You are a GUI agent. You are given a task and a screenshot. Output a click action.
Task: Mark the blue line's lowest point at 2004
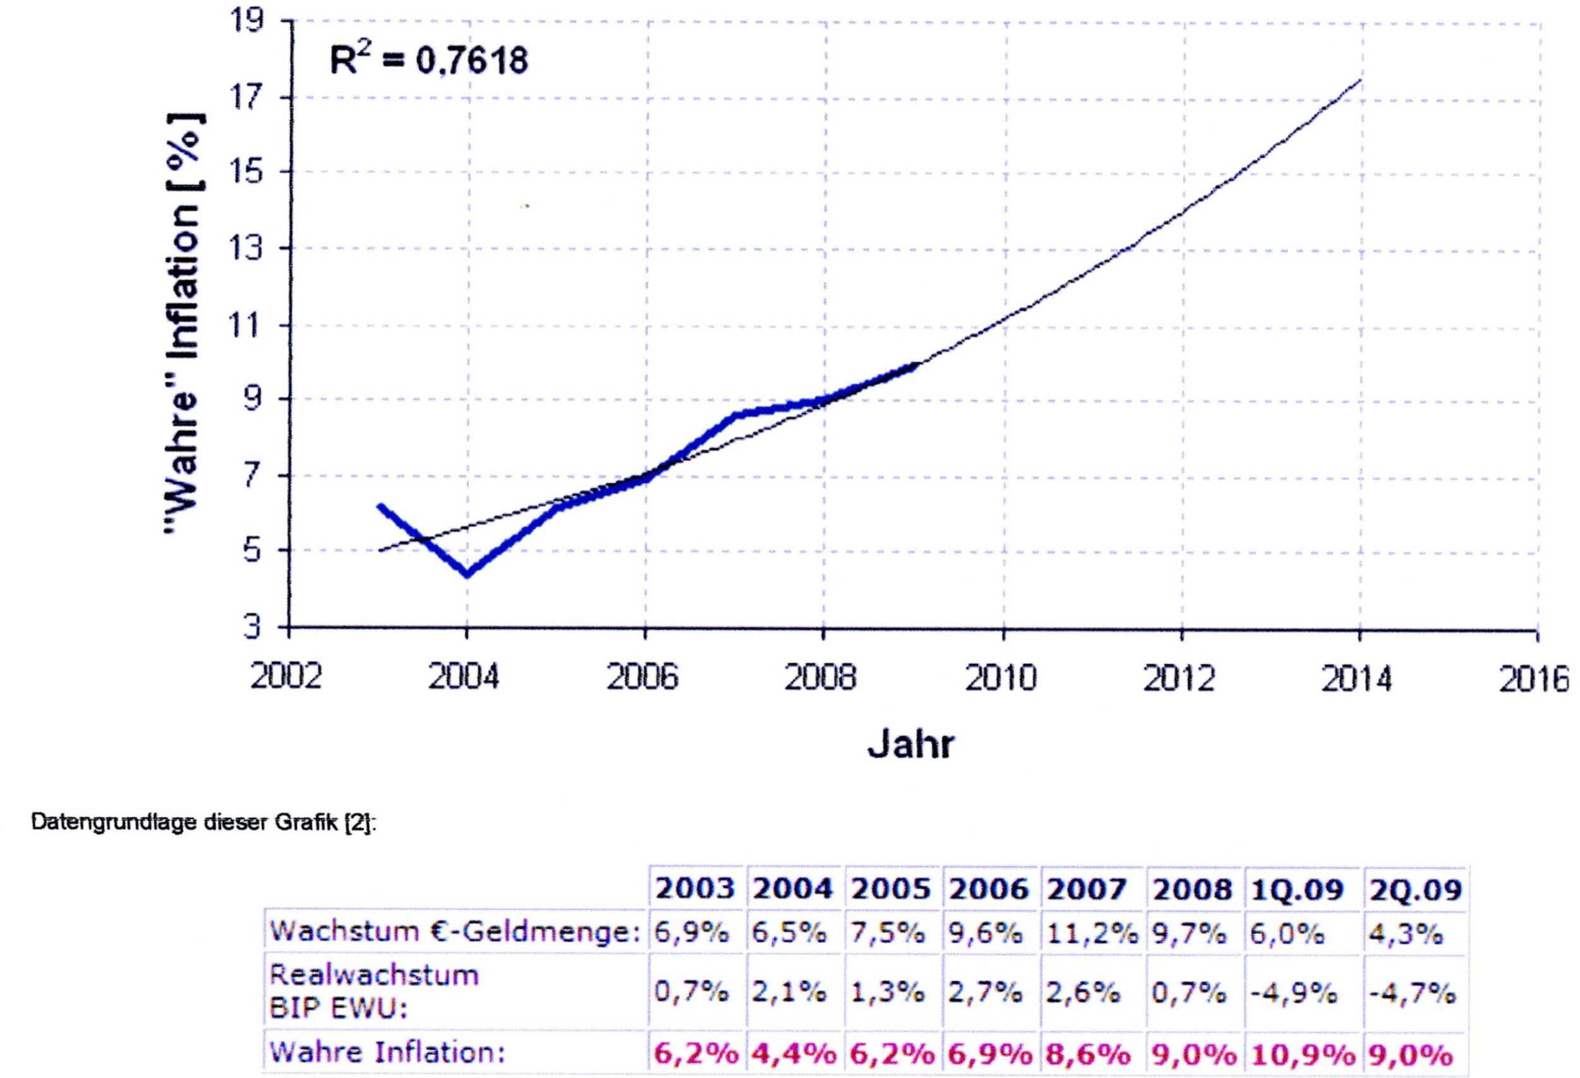(467, 574)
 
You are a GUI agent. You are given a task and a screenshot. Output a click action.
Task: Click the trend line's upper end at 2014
(1360, 80)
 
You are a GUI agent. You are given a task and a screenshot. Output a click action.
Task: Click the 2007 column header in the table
(1086, 889)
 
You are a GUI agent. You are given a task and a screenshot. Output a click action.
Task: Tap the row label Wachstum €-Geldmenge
(455, 931)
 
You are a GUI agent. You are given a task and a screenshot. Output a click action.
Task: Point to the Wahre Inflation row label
(387, 1053)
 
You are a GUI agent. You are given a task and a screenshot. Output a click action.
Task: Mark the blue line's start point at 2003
(380, 505)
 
